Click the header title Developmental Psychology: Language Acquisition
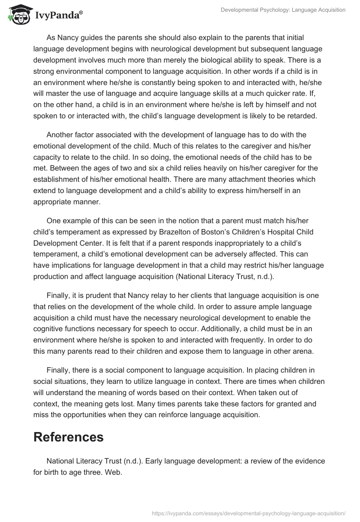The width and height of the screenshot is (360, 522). [283, 10]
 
